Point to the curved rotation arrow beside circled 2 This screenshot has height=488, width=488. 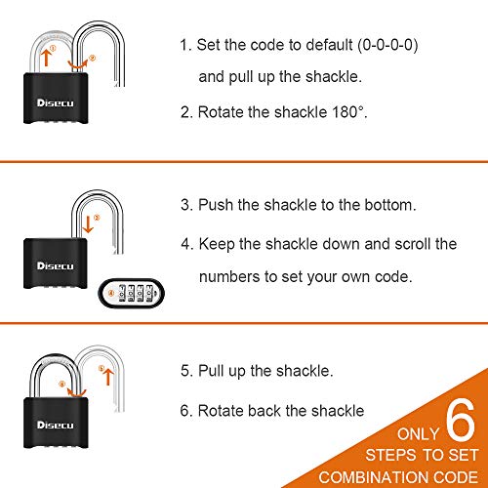[86, 64]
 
